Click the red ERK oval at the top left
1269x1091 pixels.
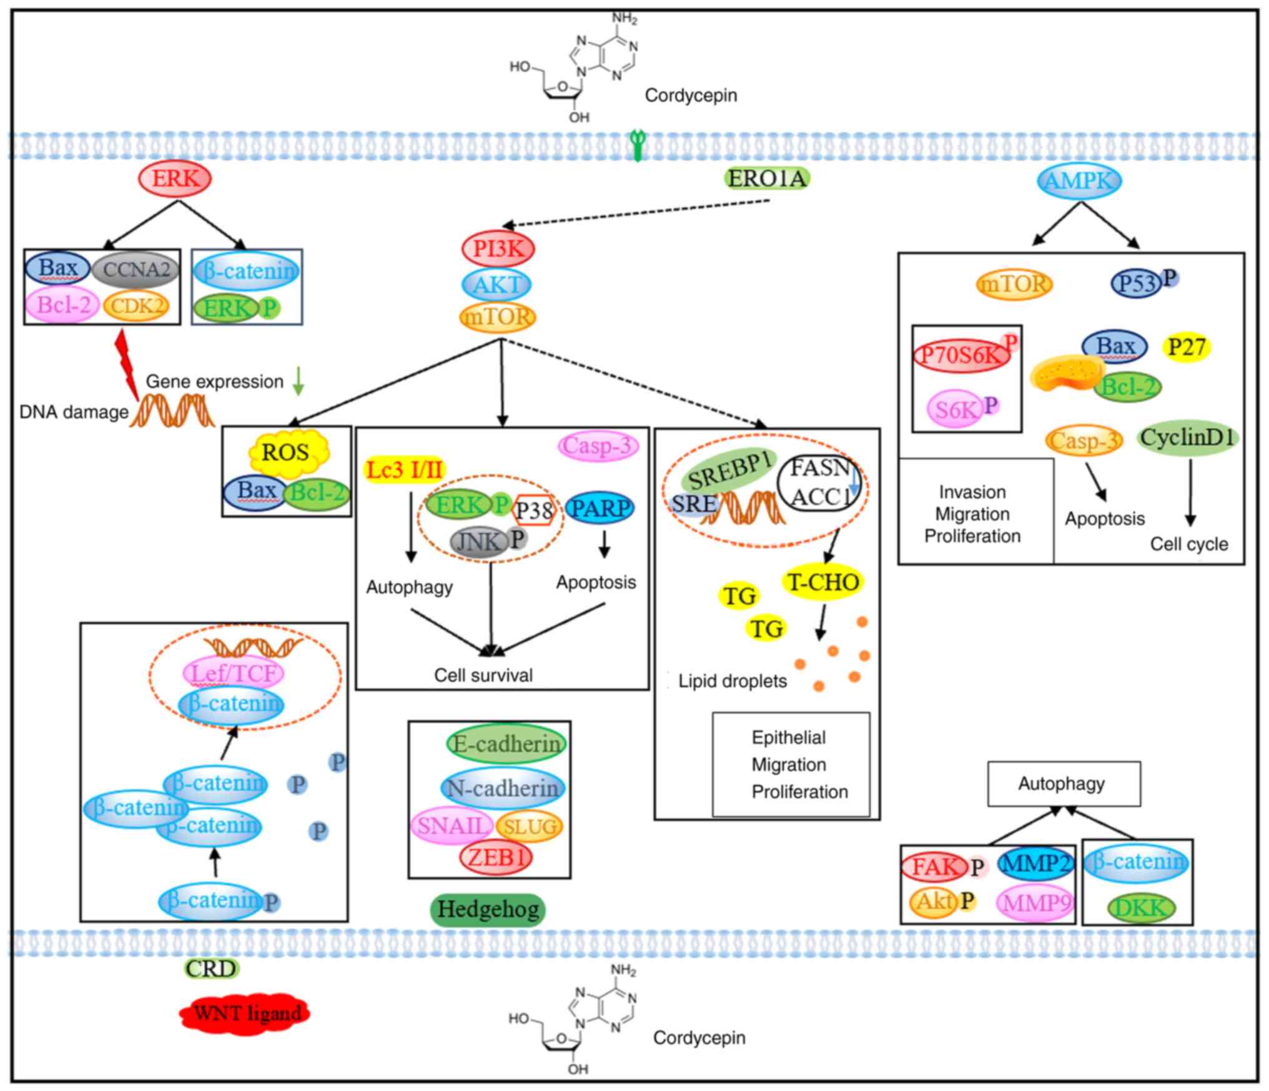pos(175,179)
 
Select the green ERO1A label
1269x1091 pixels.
pos(768,179)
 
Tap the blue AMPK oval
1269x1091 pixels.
pos(1079,181)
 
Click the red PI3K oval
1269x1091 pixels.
pos(498,248)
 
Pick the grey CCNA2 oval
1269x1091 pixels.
pos(136,270)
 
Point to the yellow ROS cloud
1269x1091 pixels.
pos(285,453)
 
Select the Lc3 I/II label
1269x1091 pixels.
pos(405,470)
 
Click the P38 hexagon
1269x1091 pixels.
pos(534,511)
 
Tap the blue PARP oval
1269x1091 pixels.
pos(600,508)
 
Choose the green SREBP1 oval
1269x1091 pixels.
pos(729,469)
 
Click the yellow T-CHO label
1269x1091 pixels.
pos(823,582)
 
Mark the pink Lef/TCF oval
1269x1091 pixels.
pos(233,673)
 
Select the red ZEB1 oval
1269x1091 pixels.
pos(496,857)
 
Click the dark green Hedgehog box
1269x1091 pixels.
pos(488,909)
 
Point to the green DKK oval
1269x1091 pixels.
pos(1140,908)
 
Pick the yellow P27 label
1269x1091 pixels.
pos(1187,346)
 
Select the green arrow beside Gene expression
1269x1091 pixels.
pos(299,381)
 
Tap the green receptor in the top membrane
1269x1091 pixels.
pos(637,145)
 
